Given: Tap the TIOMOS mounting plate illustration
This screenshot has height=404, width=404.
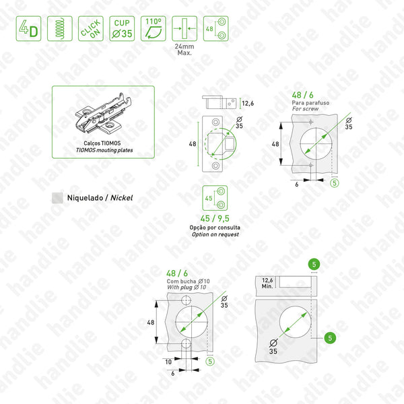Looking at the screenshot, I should point(103,118).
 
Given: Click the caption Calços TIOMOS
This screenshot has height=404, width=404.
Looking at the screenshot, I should point(102,143).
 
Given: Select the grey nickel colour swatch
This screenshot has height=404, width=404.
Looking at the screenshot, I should point(58,198).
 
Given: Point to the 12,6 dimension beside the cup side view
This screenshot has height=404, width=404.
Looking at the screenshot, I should point(247,103).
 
